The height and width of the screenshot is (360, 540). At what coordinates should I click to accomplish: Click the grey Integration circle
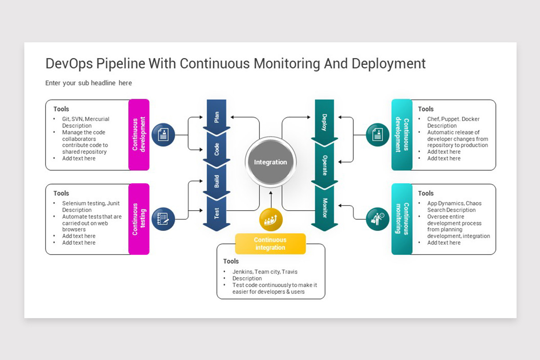[270, 162]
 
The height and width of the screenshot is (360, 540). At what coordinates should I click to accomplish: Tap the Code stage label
[216, 148]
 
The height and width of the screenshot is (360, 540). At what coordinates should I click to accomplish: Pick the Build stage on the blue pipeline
[216, 181]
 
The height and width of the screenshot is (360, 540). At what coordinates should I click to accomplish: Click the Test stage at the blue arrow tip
[216, 213]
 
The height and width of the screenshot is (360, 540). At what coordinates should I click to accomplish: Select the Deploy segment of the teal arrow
[324, 121]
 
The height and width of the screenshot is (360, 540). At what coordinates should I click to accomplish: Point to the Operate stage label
[324, 165]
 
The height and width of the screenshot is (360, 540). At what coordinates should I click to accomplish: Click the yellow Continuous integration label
[270, 243]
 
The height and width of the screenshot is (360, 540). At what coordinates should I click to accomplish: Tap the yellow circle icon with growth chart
[271, 220]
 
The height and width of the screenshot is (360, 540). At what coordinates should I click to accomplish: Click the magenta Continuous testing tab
[139, 219]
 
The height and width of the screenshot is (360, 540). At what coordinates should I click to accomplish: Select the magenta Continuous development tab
[139, 135]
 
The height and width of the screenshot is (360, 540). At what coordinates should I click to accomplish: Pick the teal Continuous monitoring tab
[402, 219]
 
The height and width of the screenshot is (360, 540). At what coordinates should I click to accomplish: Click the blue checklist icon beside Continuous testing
[163, 219]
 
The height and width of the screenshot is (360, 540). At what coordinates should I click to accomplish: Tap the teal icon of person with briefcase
[378, 219]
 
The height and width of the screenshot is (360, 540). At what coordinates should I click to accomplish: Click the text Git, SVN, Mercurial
[85, 119]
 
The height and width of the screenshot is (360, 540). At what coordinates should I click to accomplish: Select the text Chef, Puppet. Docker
[453, 119]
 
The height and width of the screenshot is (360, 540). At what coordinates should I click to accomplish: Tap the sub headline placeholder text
[89, 83]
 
